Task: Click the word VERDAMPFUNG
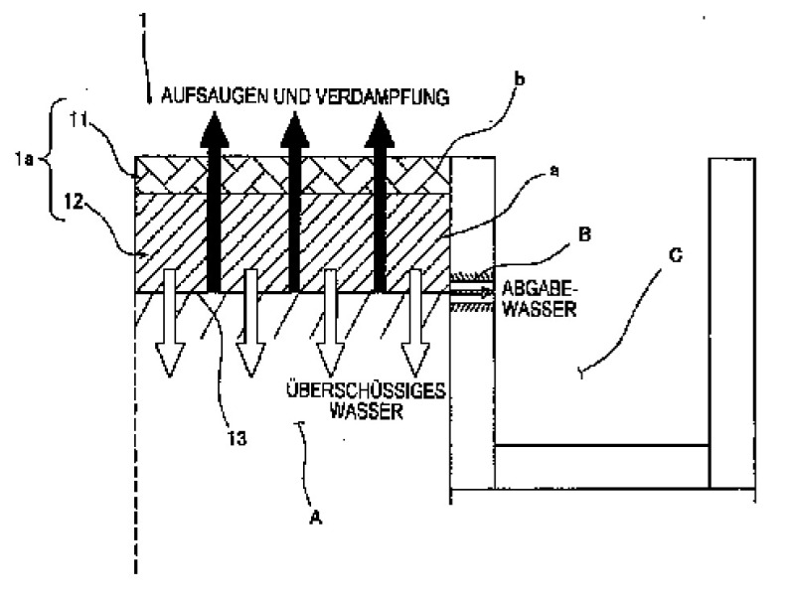(383, 96)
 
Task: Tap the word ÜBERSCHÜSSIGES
(366, 390)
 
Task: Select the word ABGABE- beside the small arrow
(540, 288)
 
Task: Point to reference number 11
(79, 120)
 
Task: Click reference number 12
(74, 203)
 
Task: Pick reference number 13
(237, 438)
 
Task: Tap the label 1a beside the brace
(23, 160)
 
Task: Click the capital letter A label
(315, 517)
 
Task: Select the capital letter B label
(584, 234)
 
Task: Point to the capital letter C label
(676, 255)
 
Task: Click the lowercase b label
(520, 79)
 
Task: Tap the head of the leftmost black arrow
(215, 129)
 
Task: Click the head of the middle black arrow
(294, 129)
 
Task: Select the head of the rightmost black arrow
(380, 129)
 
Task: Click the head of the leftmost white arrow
(170, 360)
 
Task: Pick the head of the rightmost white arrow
(415, 360)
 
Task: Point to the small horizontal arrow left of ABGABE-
(471, 292)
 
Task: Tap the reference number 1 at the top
(143, 20)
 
